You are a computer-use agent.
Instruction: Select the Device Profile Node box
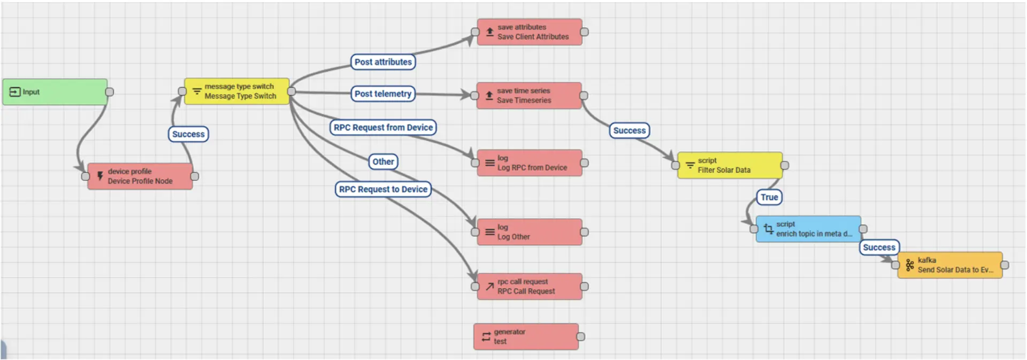coord(140,177)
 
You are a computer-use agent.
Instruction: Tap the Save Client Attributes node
coord(530,32)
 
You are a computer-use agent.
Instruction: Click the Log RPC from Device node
coord(530,163)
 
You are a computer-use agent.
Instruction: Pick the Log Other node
coord(530,232)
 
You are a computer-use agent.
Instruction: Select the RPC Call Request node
coord(530,287)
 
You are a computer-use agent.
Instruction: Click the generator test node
coord(526,337)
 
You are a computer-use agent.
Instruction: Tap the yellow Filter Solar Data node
coord(730,165)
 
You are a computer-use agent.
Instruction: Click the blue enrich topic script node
coord(808,229)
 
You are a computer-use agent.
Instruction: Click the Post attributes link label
coord(383,62)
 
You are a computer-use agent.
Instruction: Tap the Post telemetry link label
coord(383,94)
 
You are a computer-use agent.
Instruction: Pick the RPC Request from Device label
coord(383,127)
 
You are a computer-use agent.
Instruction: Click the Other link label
coord(383,162)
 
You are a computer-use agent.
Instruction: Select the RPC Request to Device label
coord(383,189)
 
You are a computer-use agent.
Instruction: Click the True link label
coord(769,197)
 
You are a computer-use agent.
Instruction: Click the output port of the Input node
coord(110,92)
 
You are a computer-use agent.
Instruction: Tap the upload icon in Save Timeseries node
coord(489,96)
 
